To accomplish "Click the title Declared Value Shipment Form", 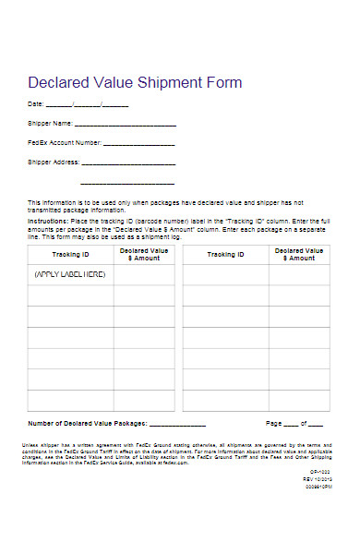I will pos(135,83).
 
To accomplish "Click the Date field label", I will pos(35,103).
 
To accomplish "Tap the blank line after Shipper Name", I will pos(125,124).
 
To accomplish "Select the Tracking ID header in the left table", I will pos(71,254).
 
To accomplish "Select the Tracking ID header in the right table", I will pos(226,254).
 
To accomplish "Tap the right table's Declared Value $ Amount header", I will pos(298,254).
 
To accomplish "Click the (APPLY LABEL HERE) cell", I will pos(70,274).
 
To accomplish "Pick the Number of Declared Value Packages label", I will pos(88,423).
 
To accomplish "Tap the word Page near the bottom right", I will pos(274,423).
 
